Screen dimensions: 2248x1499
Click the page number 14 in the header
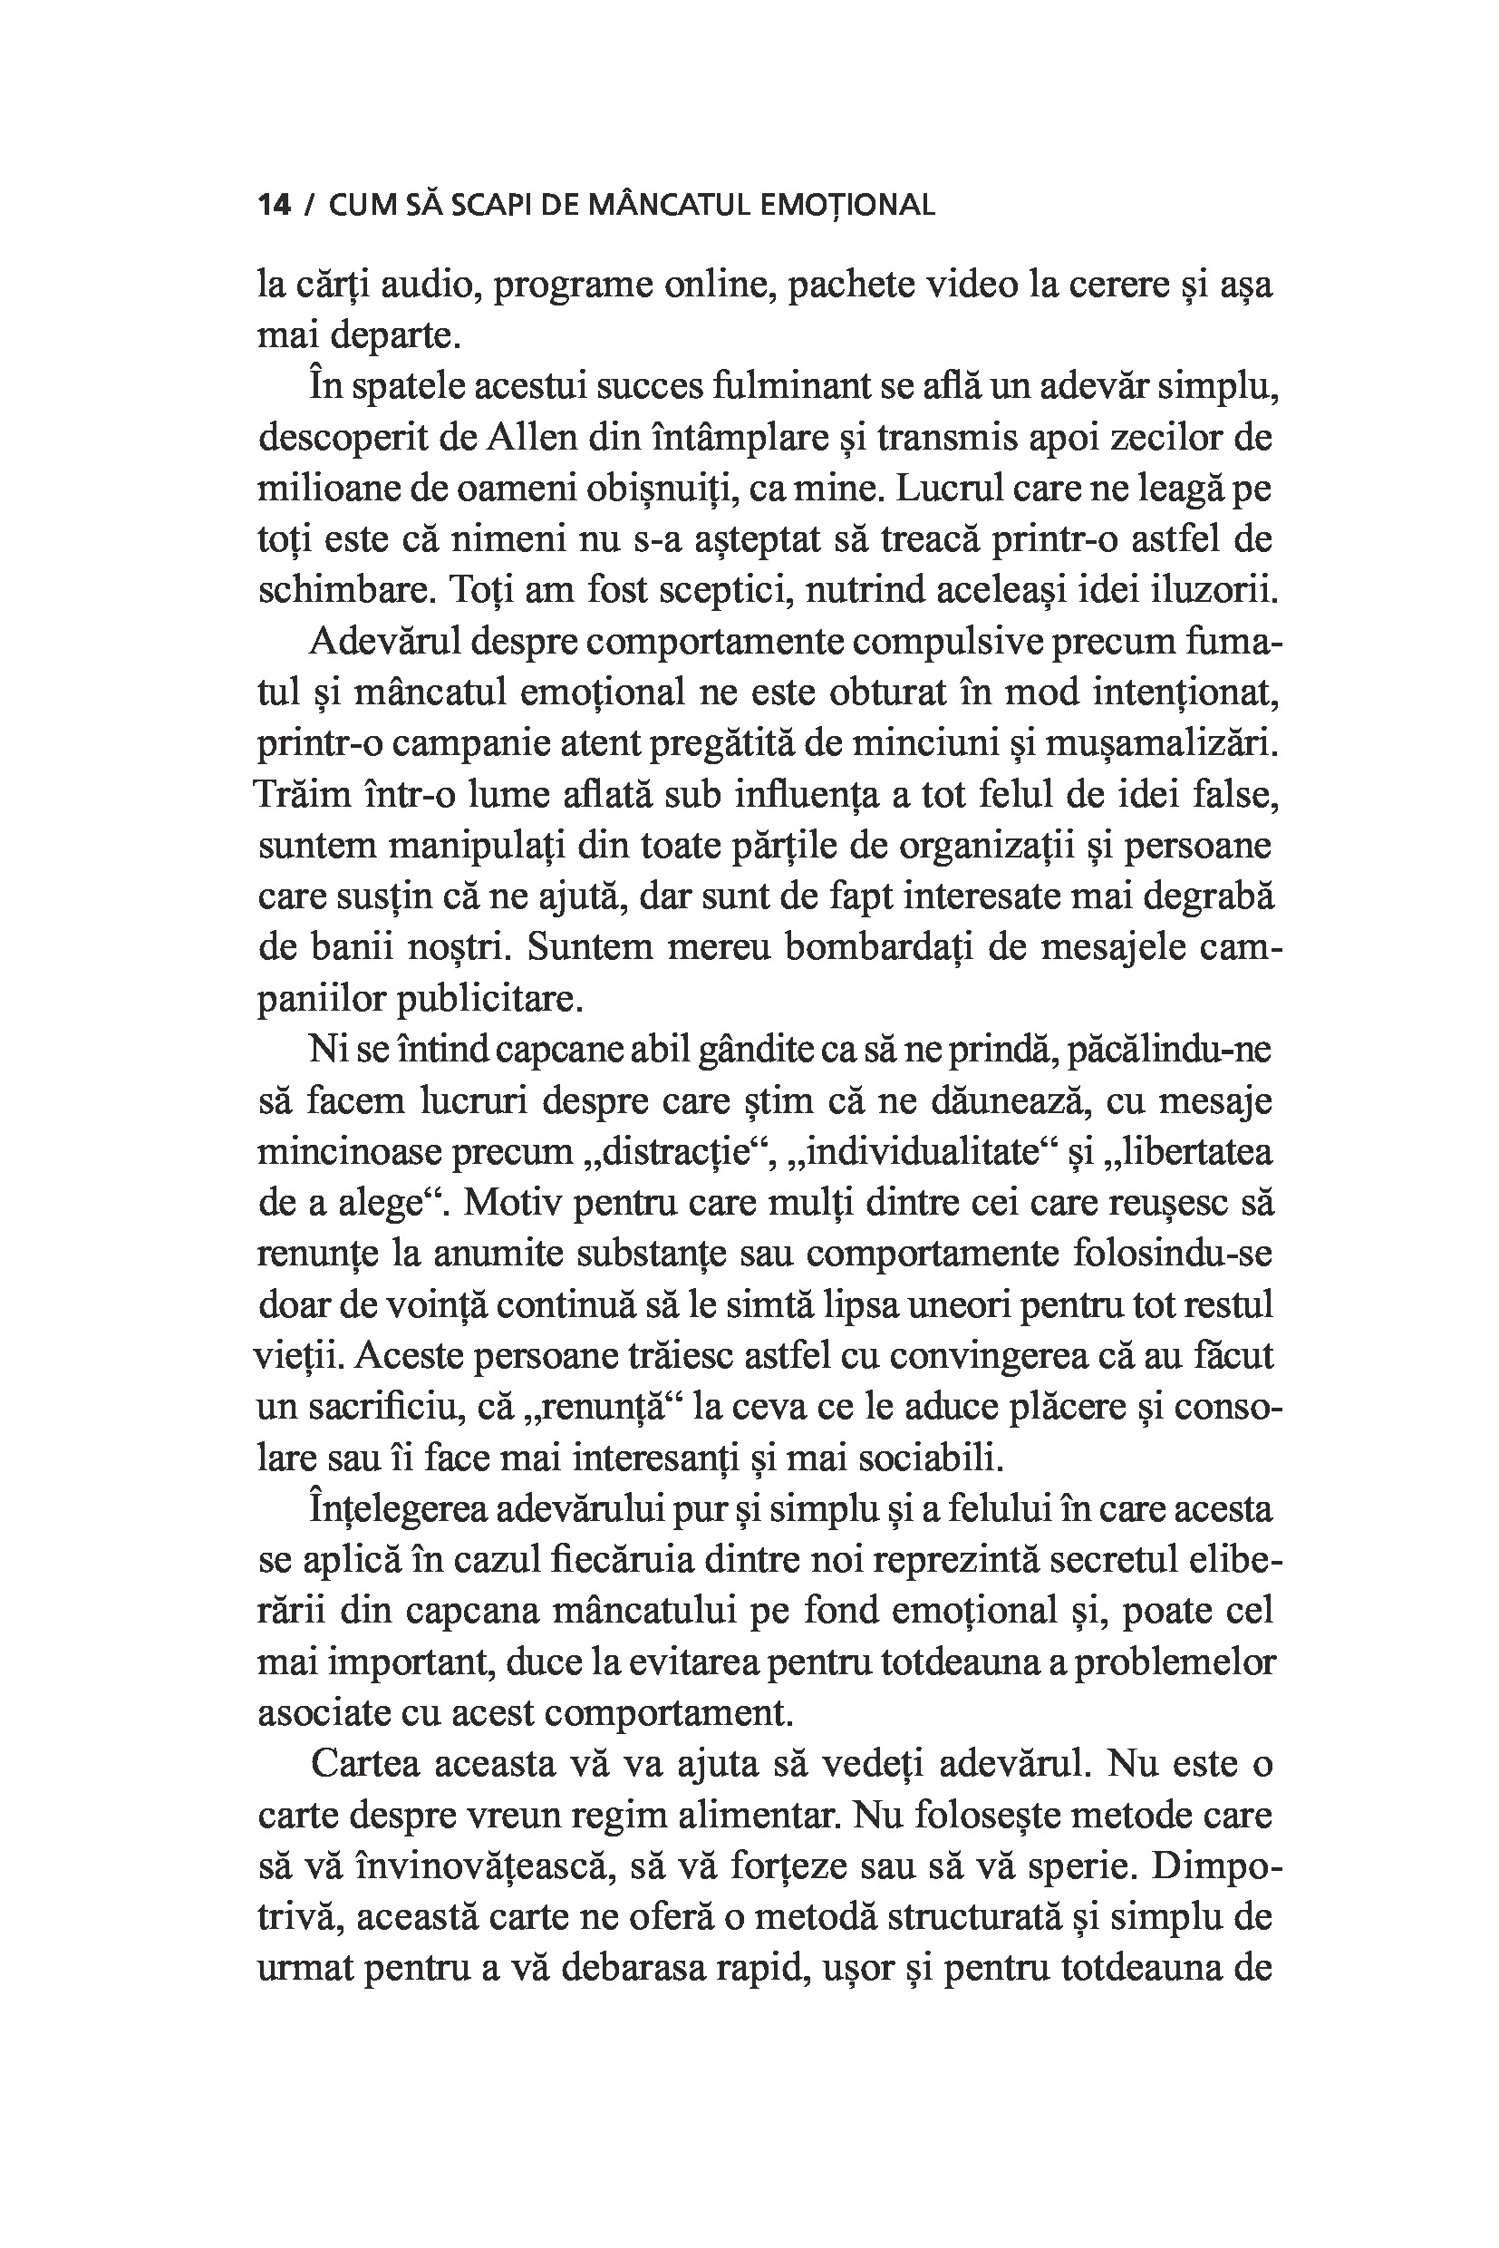pyautogui.click(x=274, y=206)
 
